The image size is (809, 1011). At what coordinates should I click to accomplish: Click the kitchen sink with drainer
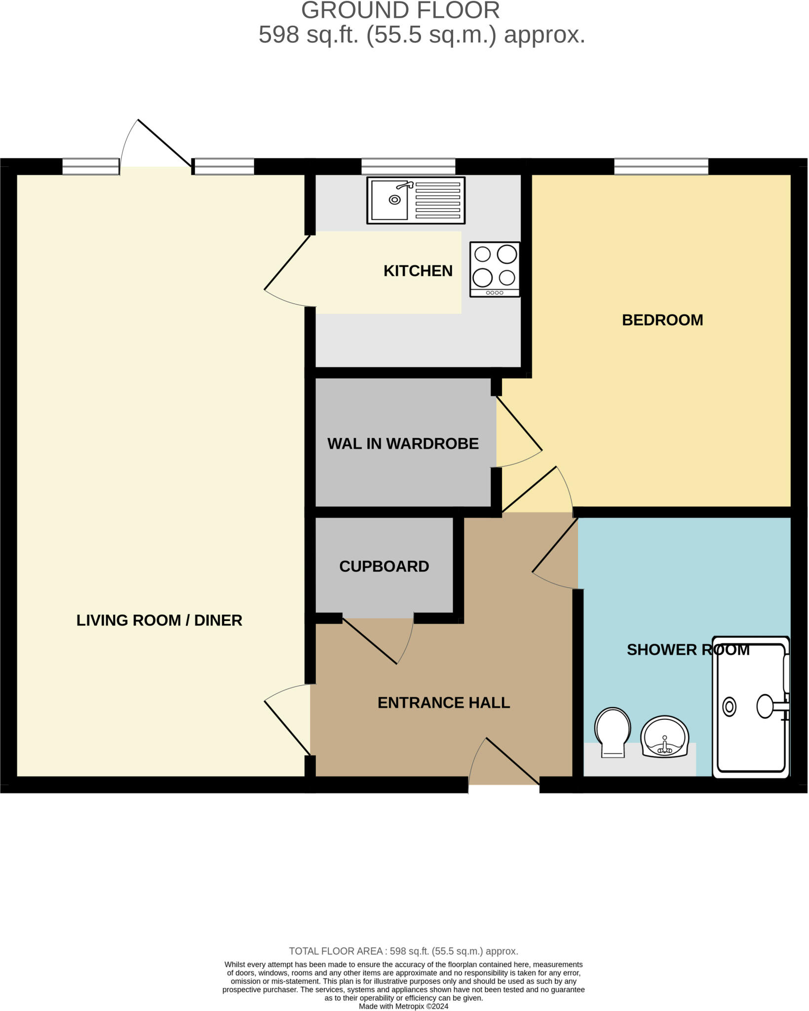[x=416, y=200]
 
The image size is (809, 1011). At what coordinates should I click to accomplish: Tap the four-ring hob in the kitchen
[x=495, y=269]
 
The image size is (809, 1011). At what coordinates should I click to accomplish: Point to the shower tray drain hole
[x=729, y=707]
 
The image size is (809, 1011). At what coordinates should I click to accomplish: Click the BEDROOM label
[x=662, y=320]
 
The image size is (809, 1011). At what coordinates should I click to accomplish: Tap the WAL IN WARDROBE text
[x=403, y=443]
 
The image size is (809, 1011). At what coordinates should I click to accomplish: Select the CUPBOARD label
[x=384, y=566]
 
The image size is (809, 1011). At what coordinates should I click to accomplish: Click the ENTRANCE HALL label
[x=443, y=702]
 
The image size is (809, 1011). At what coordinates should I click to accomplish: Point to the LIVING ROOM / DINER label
[x=159, y=620]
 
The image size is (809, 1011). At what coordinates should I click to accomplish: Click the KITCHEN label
[x=418, y=271]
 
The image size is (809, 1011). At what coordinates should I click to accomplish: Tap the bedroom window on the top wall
[x=661, y=166]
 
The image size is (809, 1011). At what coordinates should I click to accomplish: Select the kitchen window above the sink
[x=408, y=166]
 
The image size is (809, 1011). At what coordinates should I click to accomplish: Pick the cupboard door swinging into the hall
[x=370, y=641]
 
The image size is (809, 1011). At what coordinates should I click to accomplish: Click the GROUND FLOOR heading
[x=400, y=10]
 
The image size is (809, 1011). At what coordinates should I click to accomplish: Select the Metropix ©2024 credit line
[x=403, y=1006]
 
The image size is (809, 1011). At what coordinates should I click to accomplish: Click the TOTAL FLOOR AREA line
[x=403, y=951]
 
